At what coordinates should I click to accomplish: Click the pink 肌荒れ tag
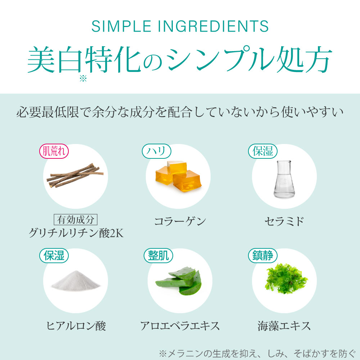coord(54,151)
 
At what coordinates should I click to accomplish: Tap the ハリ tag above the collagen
coord(157,151)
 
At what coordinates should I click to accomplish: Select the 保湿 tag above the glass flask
coord(263,151)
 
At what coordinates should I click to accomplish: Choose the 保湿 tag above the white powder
coord(54,256)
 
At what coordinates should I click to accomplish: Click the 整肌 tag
coord(158,256)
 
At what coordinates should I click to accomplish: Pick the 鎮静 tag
coord(263,256)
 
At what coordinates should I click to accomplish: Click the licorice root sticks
coord(75,175)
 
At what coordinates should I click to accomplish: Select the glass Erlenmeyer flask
coord(284,179)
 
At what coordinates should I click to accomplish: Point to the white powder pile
coord(76,280)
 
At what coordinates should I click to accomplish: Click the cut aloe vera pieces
coord(179,281)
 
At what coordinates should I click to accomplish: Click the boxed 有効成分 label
coord(76,220)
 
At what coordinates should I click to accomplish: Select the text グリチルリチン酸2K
coord(76,233)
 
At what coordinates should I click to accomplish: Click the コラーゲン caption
coord(180,221)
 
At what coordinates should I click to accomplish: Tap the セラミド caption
coord(284,221)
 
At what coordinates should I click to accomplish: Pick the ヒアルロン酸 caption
coord(76,326)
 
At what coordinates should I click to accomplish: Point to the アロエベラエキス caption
coord(180,326)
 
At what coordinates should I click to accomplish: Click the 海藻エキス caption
coord(284,326)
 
